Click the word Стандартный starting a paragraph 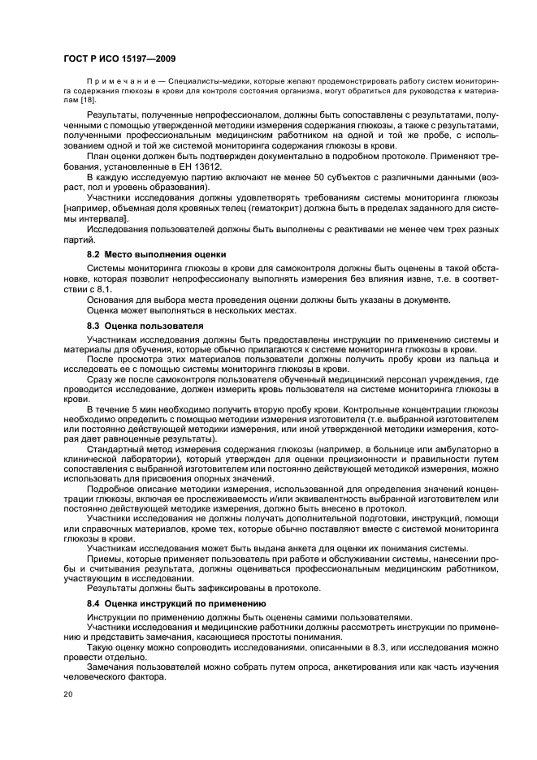(115, 449)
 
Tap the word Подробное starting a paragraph (111, 490)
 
